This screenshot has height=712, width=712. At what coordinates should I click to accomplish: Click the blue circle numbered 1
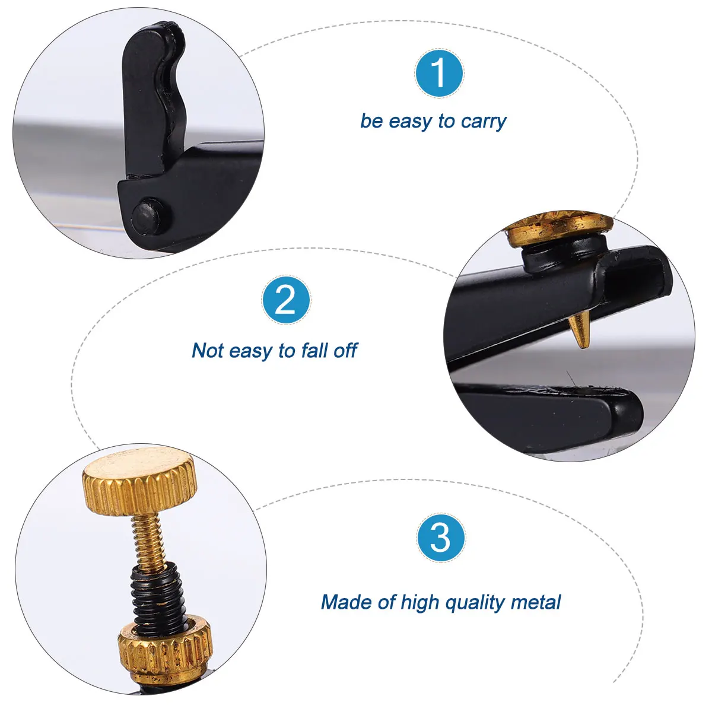tap(439, 74)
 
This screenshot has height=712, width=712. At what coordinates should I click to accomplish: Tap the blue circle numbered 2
tap(286, 300)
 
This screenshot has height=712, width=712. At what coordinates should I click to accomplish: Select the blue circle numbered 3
tap(441, 538)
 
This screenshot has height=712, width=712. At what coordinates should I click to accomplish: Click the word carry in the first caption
tap(484, 122)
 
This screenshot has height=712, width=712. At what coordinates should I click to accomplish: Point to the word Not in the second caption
tap(208, 351)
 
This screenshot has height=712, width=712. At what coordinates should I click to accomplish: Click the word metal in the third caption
tap(536, 602)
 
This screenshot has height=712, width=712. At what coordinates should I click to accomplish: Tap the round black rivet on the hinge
tap(147, 213)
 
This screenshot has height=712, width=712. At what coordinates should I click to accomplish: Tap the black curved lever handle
tap(151, 95)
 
